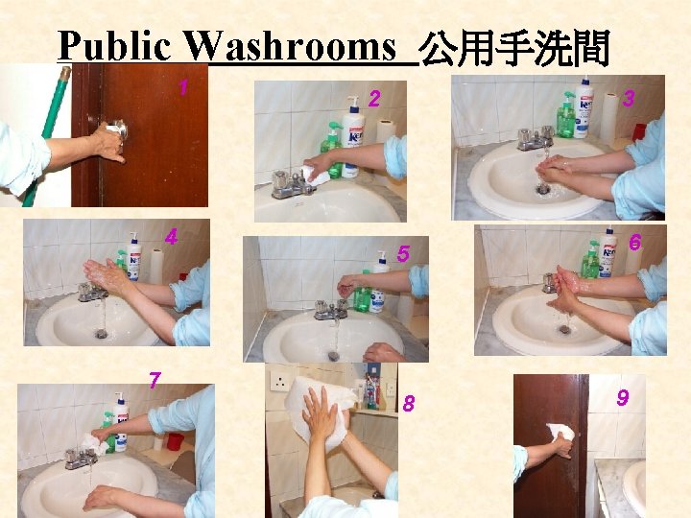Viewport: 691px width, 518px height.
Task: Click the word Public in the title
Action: tap(114, 46)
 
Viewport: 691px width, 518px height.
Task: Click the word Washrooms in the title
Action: tap(290, 46)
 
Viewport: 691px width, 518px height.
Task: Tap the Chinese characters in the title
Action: tap(513, 48)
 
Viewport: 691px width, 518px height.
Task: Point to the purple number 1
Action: tap(184, 87)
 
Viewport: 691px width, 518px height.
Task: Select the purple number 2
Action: tap(374, 99)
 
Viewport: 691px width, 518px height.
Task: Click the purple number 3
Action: tap(629, 98)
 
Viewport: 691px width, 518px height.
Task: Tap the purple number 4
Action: tap(171, 238)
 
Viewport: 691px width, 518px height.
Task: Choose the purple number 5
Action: tap(403, 253)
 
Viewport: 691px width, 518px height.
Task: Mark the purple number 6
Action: tap(634, 243)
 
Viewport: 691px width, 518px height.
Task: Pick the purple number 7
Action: tap(155, 380)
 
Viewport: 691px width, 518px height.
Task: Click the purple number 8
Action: tap(409, 404)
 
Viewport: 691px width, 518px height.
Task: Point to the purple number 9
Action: tap(622, 398)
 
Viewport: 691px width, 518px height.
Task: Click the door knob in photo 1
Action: tap(118, 129)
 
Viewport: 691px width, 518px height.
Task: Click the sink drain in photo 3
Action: tap(542, 189)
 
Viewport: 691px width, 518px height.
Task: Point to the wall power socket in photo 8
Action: tap(279, 382)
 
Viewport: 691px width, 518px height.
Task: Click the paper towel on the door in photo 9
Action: tap(560, 432)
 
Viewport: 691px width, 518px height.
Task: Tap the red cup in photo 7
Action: tap(176, 441)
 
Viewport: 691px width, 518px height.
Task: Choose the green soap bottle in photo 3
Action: tap(566, 114)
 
